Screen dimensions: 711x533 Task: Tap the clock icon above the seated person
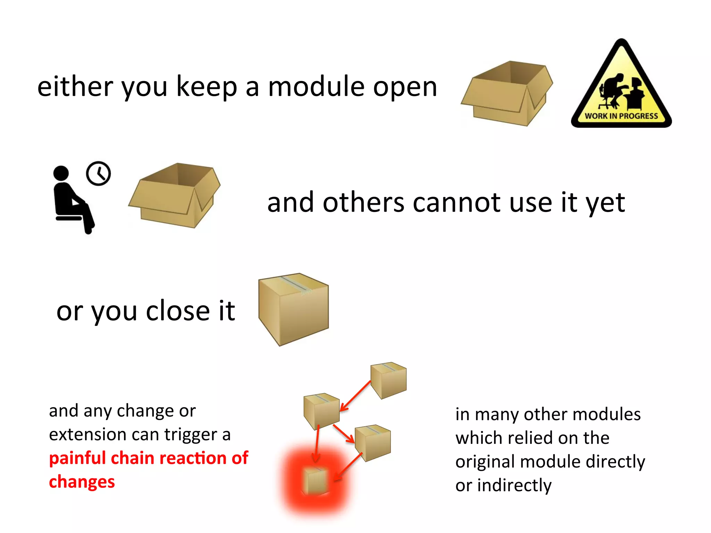click(98, 174)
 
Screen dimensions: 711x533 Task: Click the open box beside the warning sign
click(507, 94)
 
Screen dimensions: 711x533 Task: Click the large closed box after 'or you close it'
click(294, 309)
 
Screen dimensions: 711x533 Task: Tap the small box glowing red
click(315, 481)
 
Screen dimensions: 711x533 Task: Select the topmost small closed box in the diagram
click(388, 380)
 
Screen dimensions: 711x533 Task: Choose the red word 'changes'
click(82, 482)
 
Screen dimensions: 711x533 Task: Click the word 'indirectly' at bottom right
click(515, 485)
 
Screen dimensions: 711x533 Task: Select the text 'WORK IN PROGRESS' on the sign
click(621, 116)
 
